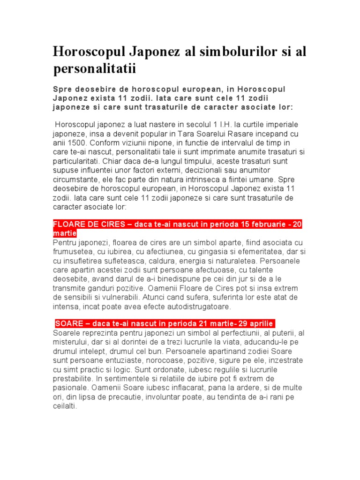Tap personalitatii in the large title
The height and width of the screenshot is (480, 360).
(94, 69)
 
